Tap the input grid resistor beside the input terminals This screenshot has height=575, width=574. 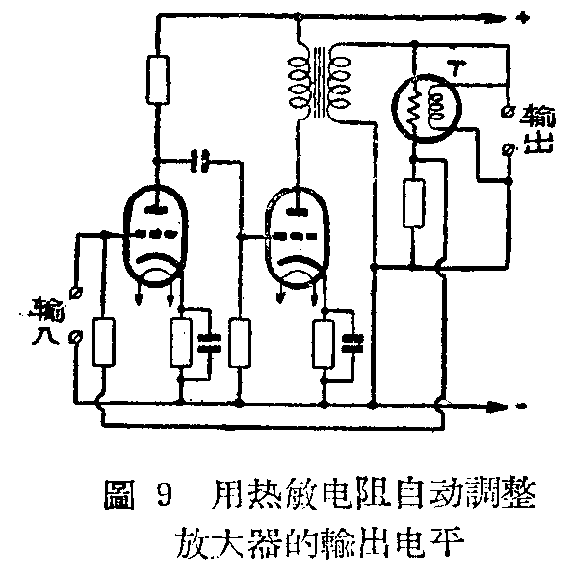click(x=102, y=342)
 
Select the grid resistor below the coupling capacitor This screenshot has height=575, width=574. click(x=242, y=342)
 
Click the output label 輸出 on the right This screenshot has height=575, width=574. click(x=530, y=126)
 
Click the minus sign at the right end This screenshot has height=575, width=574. click(x=521, y=405)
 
